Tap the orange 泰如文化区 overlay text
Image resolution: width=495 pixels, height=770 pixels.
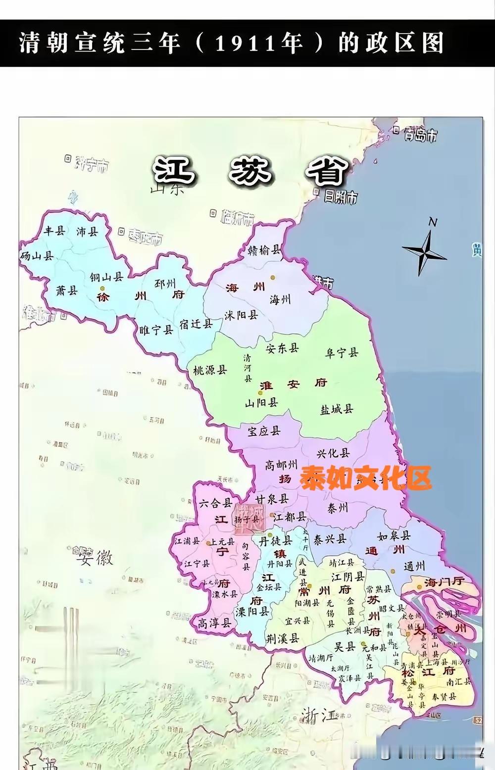365,478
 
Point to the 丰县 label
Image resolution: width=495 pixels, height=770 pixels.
54,231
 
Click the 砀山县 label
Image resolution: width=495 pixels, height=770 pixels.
37,256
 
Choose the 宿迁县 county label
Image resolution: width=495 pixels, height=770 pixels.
196,324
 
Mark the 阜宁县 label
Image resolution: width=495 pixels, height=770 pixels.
342,353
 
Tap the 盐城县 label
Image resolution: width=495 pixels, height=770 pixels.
337,409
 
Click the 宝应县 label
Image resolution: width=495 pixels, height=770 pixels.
264,431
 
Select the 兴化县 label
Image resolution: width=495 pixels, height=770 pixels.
333,453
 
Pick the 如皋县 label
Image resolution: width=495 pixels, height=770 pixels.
394,536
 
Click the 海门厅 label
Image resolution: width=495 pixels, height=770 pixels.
444,582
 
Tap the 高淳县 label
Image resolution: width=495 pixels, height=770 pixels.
214,623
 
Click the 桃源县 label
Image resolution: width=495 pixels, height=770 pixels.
210,370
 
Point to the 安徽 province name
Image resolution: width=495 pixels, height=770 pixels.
95,558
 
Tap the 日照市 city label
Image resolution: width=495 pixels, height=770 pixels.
341,197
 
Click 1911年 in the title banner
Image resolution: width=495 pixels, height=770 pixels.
259,44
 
